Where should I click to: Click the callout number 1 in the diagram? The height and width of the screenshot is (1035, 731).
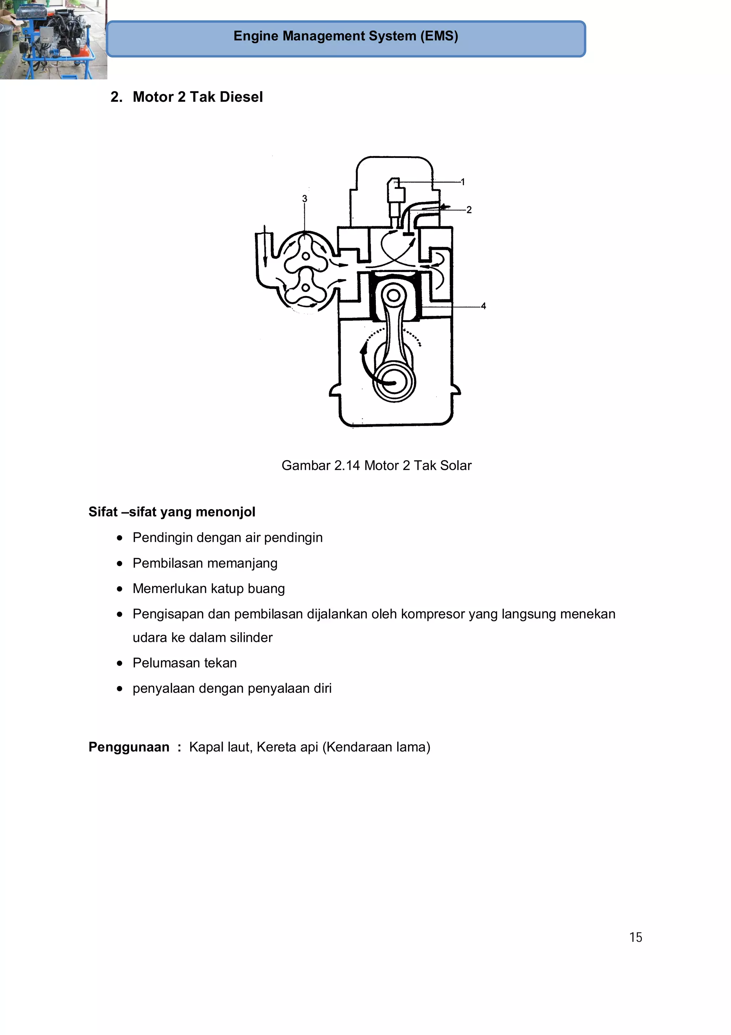pos(463,182)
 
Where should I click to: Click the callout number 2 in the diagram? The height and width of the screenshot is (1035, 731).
pos(469,210)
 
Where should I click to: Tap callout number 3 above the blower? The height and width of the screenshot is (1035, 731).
pos(304,198)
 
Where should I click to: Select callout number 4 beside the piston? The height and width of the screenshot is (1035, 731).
pos(483,306)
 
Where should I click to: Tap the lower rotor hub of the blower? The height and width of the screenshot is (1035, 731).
pos(306,288)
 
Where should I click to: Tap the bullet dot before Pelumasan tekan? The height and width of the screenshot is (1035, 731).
pos(119,663)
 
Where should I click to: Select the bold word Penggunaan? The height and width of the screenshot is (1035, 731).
pos(129,747)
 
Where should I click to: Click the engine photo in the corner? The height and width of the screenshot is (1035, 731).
pos(53,40)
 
